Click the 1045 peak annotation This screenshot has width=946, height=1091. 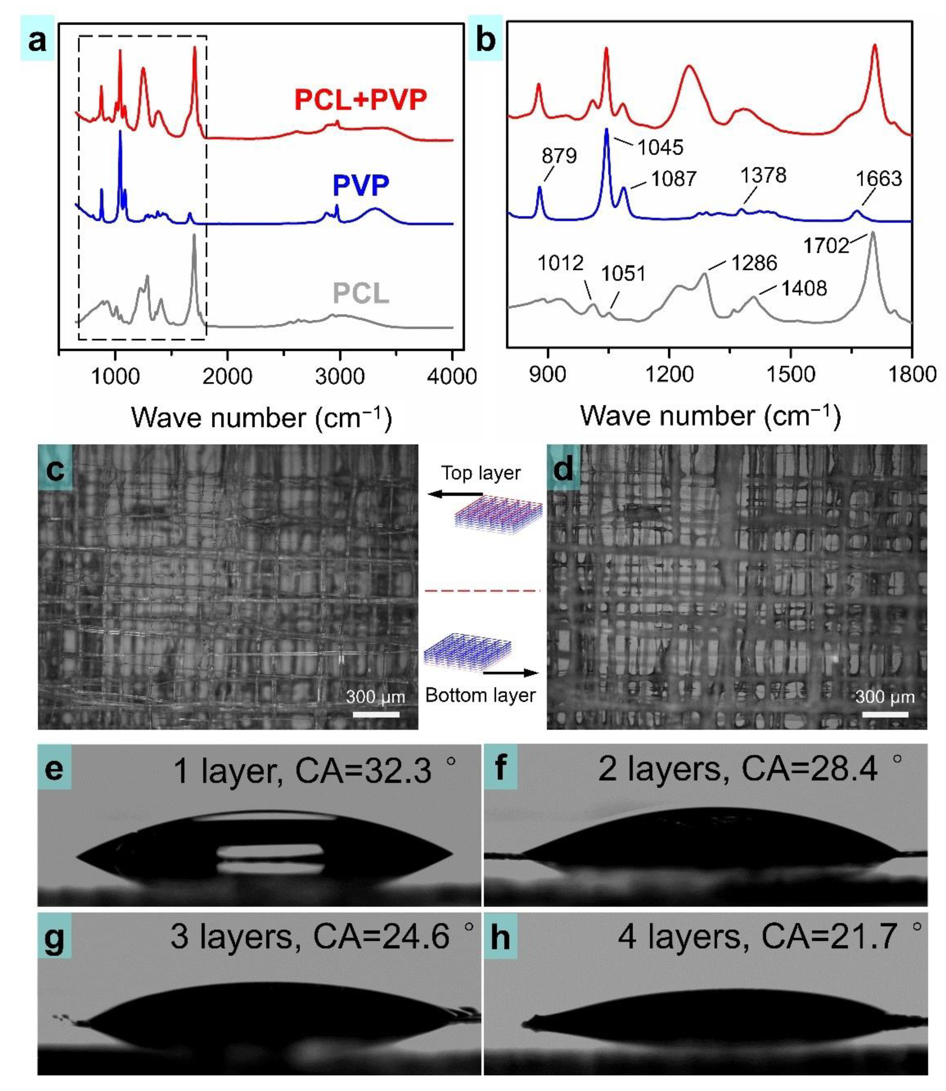pyautogui.click(x=660, y=147)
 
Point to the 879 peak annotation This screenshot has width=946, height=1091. pyautogui.click(x=559, y=156)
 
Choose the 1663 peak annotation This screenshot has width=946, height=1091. pyautogui.click(x=879, y=179)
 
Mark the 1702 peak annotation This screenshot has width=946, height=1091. pyautogui.click(x=826, y=245)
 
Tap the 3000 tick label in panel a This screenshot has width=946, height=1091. pyautogui.click(x=340, y=376)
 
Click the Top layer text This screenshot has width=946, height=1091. pyautogui.click(x=480, y=473)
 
